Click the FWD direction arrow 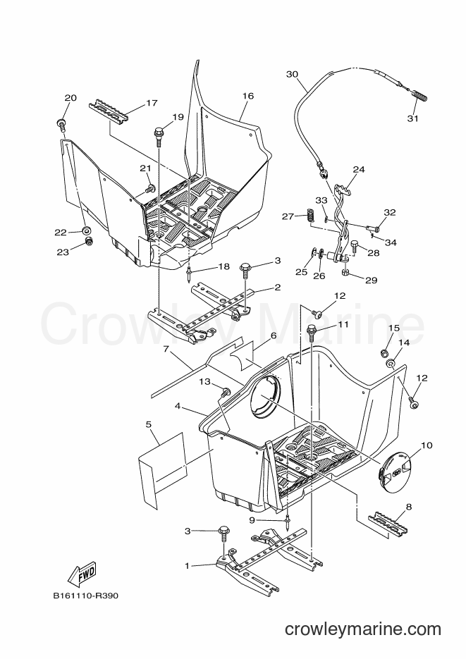click(82, 574)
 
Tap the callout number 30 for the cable click(292, 75)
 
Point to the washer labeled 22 click(87, 230)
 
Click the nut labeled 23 click(89, 242)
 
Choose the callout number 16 click(248, 96)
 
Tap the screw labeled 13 click(226, 392)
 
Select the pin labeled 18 click(190, 273)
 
